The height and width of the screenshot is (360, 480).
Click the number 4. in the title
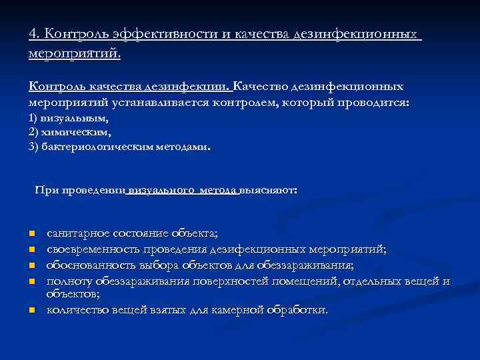click(x=35, y=33)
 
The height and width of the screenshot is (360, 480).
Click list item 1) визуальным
click(x=69, y=117)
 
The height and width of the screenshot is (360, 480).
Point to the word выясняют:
click(x=269, y=190)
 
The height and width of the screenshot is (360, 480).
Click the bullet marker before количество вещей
click(x=31, y=311)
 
